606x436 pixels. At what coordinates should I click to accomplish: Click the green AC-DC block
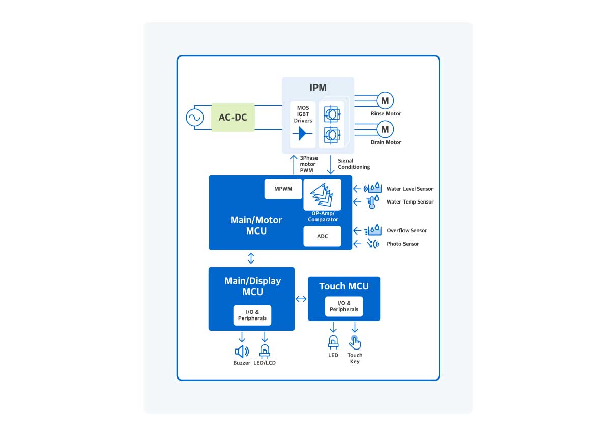[x=233, y=117]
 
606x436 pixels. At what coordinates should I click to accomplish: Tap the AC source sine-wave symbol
[x=194, y=118]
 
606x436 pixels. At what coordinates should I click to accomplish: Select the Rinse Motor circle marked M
[x=385, y=100]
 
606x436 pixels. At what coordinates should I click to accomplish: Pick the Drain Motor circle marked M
[x=385, y=129]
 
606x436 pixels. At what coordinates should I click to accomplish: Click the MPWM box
[x=283, y=189]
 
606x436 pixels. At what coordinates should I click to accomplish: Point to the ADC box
[x=322, y=236]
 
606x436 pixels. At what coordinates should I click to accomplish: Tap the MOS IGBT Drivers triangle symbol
[x=303, y=134]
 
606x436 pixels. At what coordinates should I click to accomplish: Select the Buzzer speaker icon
[x=242, y=351]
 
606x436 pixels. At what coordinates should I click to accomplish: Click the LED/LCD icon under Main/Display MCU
[x=265, y=351]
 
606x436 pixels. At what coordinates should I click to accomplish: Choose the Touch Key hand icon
[x=355, y=343]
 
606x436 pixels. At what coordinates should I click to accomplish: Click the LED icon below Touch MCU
[x=333, y=342]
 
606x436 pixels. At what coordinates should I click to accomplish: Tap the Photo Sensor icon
[x=373, y=244]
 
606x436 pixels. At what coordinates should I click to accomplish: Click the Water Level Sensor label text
[x=410, y=189]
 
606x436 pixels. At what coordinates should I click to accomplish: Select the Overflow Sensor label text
[x=407, y=230]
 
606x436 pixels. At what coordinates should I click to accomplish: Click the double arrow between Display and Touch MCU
[x=301, y=299]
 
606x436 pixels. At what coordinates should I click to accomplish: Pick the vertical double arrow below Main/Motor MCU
[x=251, y=258]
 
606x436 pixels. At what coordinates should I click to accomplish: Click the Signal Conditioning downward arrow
[x=331, y=165]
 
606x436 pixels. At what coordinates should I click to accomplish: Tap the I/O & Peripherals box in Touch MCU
[x=344, y=306]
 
